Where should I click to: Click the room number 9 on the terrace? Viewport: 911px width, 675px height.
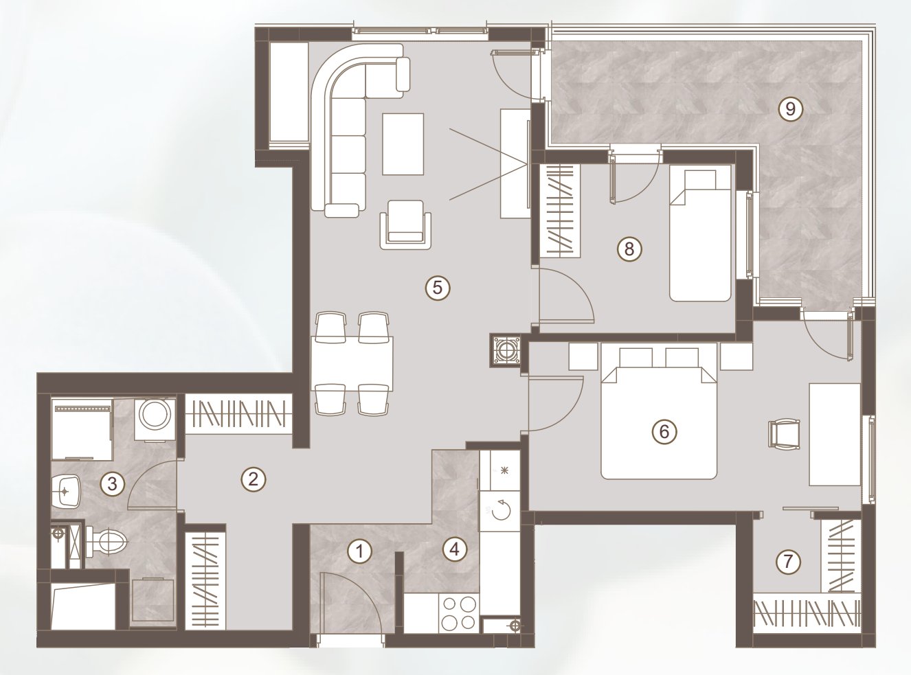click(790, 109)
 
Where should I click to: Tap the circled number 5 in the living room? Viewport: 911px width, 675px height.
click(438, 288)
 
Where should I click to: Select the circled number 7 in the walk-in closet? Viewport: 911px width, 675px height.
click(788, 561)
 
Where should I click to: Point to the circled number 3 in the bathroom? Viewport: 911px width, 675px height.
click(112, 483)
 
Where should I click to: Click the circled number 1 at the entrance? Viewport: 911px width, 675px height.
click(360, 551)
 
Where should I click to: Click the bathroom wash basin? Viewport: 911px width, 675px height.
click(67, 492)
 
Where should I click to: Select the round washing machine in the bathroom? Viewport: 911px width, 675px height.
click(155, 419)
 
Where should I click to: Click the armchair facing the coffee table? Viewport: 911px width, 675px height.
click(406, 225)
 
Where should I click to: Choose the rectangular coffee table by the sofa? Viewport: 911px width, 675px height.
click(403, 144)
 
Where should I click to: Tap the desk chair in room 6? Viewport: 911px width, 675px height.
click(784, 433)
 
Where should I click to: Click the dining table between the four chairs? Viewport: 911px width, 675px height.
click(352, 364)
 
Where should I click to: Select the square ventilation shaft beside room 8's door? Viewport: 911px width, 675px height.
click(505, 350)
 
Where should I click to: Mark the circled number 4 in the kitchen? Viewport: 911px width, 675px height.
click(454, 549)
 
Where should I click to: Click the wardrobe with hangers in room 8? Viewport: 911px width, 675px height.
click(559, 211)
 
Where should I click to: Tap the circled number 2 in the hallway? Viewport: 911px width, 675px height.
click(254, 479)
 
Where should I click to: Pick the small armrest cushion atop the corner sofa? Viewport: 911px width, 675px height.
click(403, 74)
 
